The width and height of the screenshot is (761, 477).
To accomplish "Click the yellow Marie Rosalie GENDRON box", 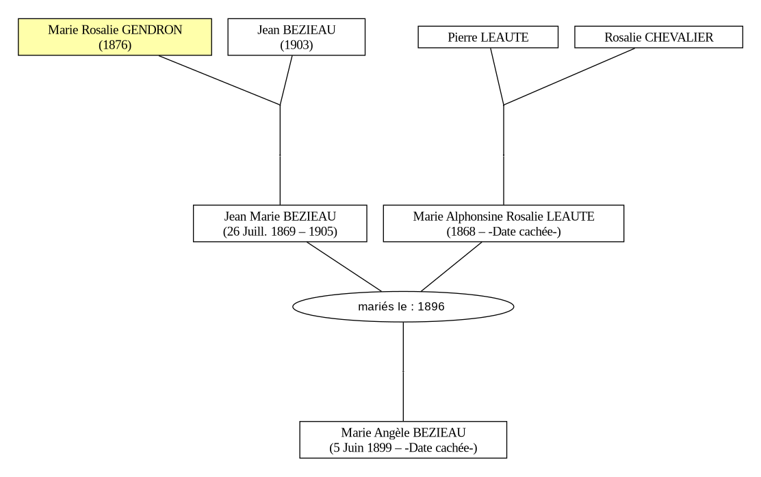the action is [x=115, y=37].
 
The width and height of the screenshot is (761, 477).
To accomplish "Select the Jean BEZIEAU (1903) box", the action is [x=296, y=37].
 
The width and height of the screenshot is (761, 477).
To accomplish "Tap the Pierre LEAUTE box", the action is [x=488, y=37].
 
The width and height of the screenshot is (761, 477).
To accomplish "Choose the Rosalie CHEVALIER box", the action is [x=658, y=37].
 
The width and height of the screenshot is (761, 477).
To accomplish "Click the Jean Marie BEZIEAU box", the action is [x=280, y=223].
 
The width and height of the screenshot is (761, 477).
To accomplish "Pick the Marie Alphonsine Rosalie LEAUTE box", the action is [x=503, y=223].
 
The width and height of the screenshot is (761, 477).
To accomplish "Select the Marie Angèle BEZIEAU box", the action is [x=403, y=439].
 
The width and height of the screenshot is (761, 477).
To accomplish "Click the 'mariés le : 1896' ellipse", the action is [x=403, y=306].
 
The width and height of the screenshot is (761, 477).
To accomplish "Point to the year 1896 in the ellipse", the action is [x=431, y=306].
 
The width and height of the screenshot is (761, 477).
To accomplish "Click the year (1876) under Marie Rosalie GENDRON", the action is [x=115, y=45].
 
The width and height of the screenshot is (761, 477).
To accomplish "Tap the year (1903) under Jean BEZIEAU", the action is [x=296, y=45].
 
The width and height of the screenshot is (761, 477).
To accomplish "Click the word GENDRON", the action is [x=152, y=29].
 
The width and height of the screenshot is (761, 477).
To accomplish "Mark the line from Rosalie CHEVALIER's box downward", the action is [x=569, y=77].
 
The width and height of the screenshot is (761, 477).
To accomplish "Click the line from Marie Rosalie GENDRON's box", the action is [x=219, y=80].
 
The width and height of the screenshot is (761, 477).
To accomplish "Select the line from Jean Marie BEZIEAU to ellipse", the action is [x=344, y=267].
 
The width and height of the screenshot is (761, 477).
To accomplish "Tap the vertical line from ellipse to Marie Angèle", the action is [x=403, y=372].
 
